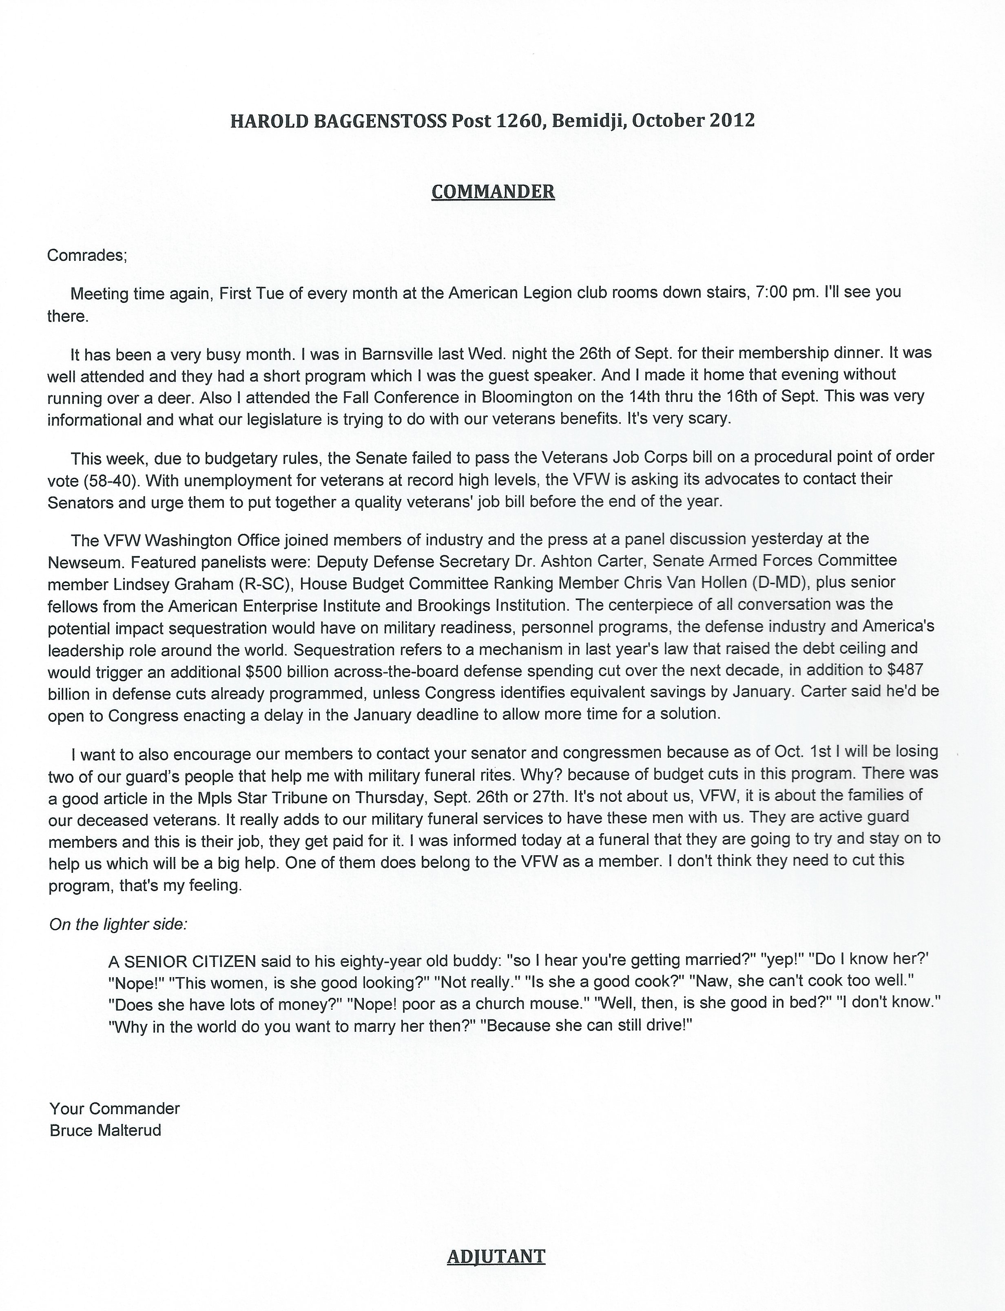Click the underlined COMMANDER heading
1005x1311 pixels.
[x=493, y=192]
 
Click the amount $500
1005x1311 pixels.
[x=264, y=672]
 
